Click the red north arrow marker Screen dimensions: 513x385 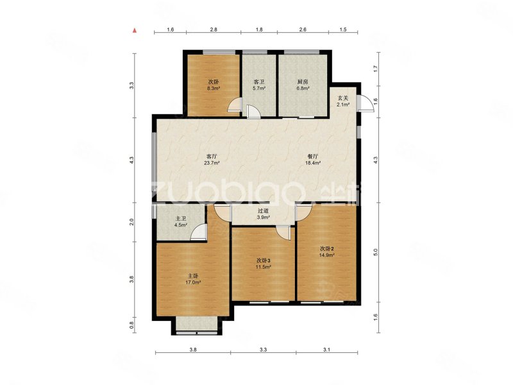[x=135, y=31]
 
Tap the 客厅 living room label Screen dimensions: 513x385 [x=212, y=157]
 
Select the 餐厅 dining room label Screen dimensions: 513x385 [x=313, y=157]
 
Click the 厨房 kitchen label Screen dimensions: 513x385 [x=303, y=82]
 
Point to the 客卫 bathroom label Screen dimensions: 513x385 [x=259, y=82]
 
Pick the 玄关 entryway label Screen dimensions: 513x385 [x=343, y=98]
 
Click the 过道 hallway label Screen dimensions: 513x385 [x=264, y=211]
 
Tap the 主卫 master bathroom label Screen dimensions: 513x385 [x=181, y=219]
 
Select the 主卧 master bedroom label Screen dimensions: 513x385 [x=194, y=276]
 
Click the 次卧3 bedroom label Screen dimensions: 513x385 [x=264, y=261]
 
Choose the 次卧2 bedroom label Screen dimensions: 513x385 [x=326, y=248]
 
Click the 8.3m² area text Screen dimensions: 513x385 [x=214, y=88]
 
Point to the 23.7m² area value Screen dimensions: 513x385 [x=212, y=163]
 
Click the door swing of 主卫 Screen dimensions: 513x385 [x=198, y=232]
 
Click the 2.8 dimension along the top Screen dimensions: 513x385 [x=214, y=30]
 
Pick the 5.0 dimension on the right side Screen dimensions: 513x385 [x=376, y=252]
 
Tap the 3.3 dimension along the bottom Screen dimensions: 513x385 [x=263, y=350]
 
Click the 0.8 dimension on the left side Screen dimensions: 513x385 [x=131, y=325]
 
